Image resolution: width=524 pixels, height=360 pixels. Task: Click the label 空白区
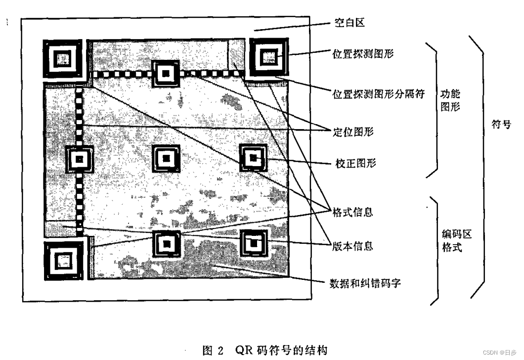point(349,23)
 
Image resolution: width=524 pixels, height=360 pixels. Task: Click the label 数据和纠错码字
point(367,283)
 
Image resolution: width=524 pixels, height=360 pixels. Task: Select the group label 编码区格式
point(450,240)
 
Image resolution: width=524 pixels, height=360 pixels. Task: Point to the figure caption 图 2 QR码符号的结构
point(265,351)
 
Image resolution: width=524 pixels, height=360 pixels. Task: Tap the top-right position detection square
point(268,57)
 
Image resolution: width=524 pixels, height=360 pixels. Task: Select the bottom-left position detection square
point(62,260)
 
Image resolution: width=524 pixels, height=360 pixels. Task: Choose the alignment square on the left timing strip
point(79,159)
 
